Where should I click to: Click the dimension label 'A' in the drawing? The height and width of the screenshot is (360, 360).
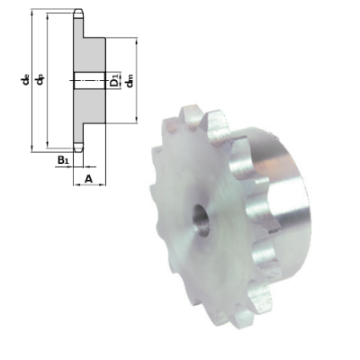88,179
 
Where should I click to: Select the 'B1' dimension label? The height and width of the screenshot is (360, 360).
62,161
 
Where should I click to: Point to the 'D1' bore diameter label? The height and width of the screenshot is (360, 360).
115,81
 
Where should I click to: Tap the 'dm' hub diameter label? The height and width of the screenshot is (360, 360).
130,82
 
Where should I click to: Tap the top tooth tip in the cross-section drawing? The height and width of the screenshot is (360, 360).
79,15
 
